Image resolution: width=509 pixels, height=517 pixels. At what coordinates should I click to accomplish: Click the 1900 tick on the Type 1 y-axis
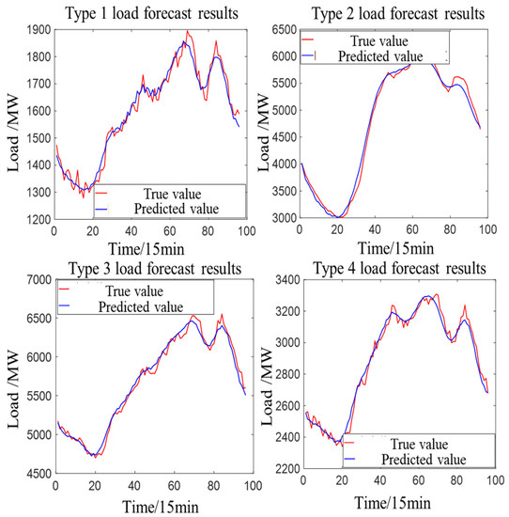click(x=39, y=29)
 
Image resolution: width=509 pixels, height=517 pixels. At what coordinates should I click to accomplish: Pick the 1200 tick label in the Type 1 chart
click(x=39, y=219)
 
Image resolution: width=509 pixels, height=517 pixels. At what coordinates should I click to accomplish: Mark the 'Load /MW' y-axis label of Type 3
click(x=12, y=375)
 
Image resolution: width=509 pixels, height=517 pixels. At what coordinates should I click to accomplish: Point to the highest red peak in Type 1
click(x=187, y=32)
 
